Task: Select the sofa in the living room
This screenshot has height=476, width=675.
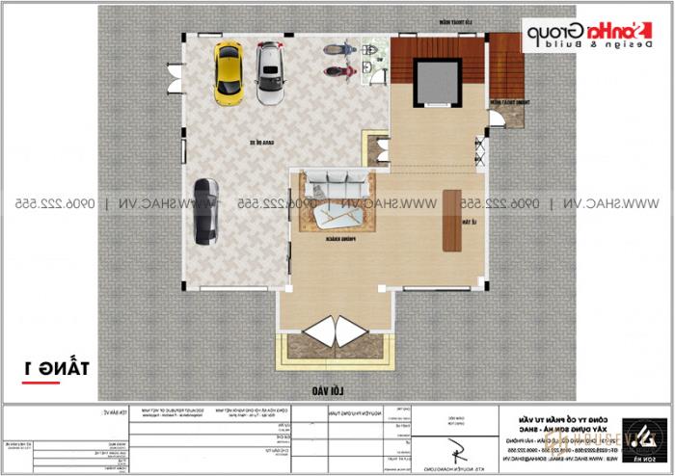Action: [334, 180]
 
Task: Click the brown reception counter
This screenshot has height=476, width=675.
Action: [450, 220]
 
